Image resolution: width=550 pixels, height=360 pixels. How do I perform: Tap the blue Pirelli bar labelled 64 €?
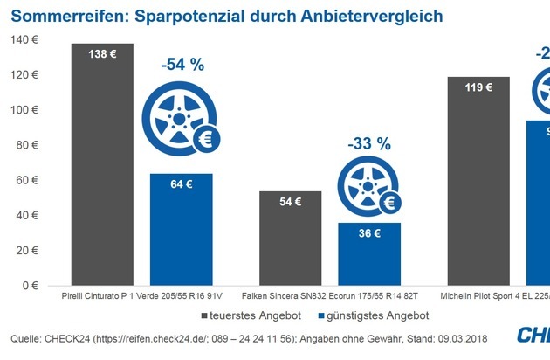181,229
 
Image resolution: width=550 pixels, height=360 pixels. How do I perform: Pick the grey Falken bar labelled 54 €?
291,238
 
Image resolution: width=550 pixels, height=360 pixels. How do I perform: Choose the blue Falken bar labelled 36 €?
368,253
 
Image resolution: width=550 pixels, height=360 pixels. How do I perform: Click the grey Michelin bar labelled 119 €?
478,180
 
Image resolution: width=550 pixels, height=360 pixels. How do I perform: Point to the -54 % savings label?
182,65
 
